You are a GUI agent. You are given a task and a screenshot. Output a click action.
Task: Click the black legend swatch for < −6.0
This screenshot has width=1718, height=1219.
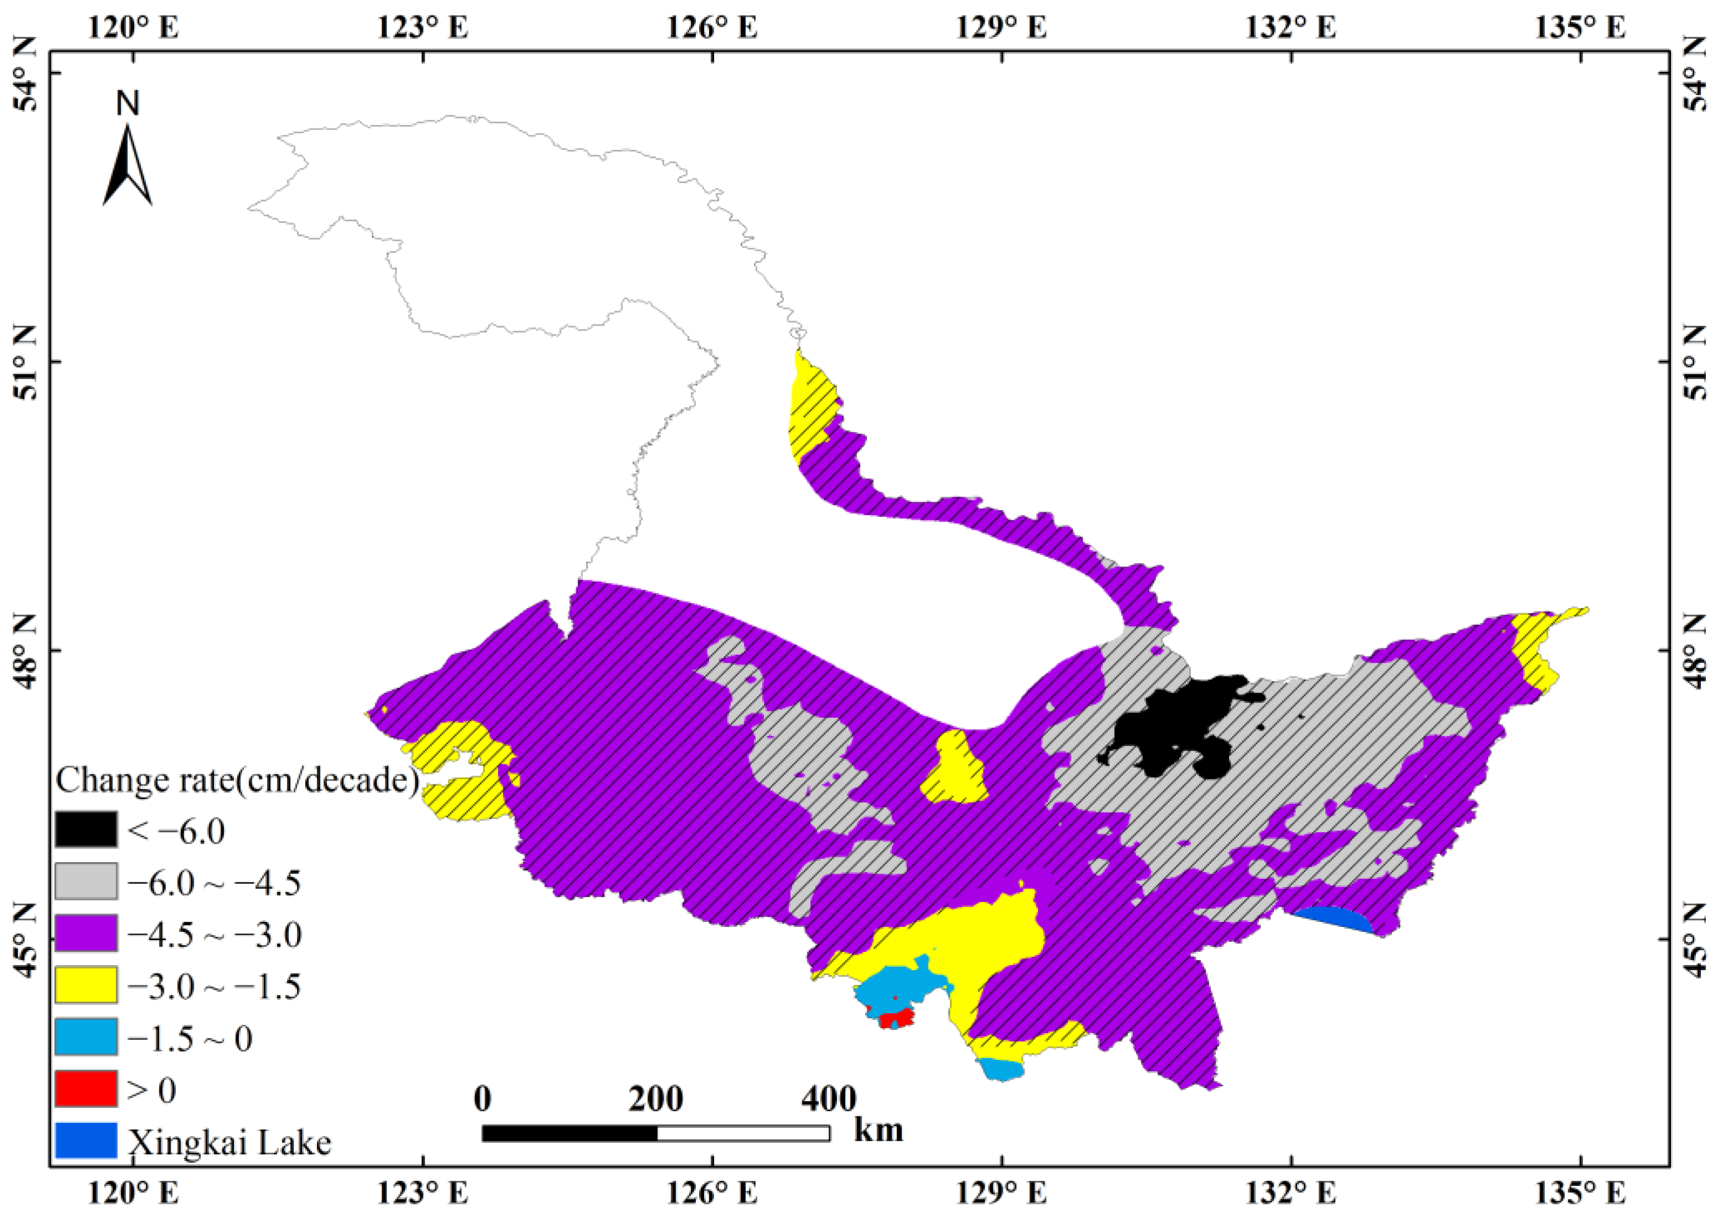(x=86, y=831)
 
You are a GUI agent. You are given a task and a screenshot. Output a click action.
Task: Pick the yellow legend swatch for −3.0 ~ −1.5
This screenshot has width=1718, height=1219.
(x=86, y=986)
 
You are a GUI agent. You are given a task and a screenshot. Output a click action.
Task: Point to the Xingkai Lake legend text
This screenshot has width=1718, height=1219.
(x=230, y=1143)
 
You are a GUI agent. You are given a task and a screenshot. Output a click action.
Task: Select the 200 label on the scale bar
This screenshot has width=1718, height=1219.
(x=656, y=1099)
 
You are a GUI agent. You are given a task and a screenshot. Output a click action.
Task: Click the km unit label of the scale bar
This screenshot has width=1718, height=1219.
(x=878, y=1129)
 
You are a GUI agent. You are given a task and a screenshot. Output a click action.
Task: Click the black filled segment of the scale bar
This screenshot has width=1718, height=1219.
(x=570, y=1133)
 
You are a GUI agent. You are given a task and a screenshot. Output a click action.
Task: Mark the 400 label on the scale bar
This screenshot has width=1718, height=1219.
(x=829, y=1099)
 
